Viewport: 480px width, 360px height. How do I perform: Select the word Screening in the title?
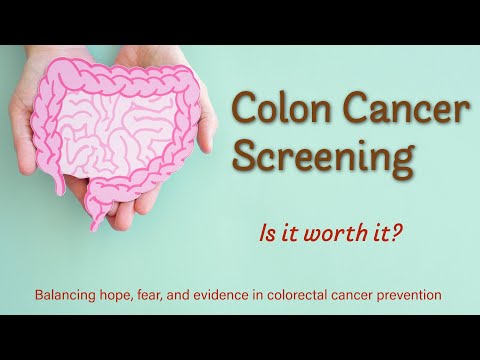point(319,158)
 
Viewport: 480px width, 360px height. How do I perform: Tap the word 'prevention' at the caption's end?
point(409,297)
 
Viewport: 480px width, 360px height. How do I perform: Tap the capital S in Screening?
point(246,156)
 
